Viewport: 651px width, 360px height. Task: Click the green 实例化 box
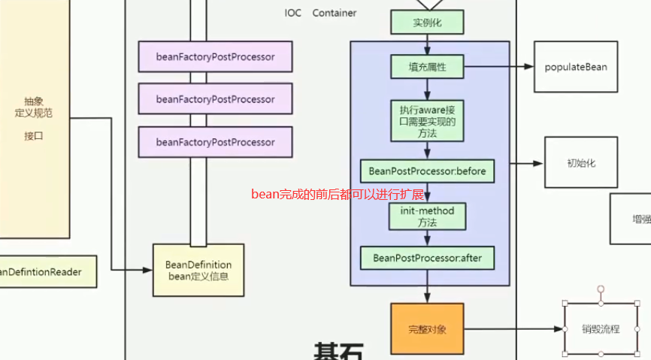(x=427, y=23)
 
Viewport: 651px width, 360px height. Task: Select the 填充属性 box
(x=427, y=67)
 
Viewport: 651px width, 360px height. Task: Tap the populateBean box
(x=576, y=67)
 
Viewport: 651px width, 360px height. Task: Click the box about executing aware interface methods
(x=427, y=121)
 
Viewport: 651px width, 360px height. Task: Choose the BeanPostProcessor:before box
(x=427, y=171)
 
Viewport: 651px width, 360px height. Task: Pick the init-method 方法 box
(x=427, y=216)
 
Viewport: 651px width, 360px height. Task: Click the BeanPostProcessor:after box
(x=427, y=259)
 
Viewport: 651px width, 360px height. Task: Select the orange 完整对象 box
(x=427, y=329)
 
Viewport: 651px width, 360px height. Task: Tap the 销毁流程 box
(x=601, y=329)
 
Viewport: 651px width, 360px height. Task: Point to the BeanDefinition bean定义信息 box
(x=198, y=270)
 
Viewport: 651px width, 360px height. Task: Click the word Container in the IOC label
(x=335, y=13)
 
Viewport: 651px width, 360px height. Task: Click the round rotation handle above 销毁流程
(x=601, y=289)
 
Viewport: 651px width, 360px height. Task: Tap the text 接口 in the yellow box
(x=34, y=136)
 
